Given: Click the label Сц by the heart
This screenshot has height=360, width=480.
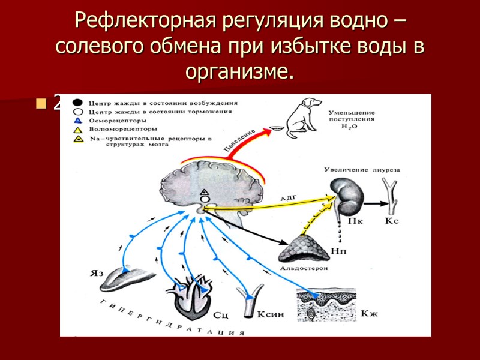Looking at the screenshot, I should [x=220, y=314].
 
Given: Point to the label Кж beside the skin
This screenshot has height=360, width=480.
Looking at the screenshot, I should [x=370, y=314].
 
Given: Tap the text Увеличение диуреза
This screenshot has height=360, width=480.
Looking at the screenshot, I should [x=362, y=170].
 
